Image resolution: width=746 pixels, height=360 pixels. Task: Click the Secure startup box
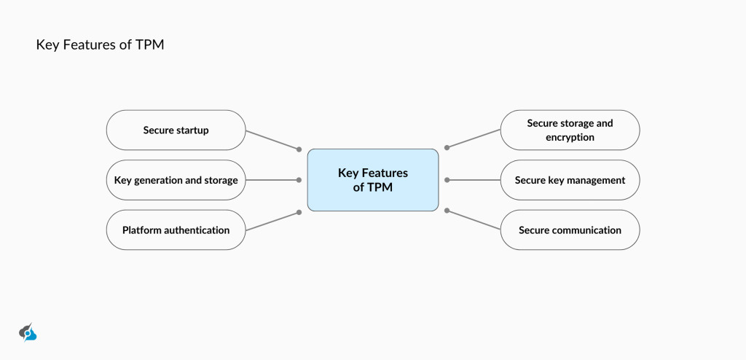point(176,130)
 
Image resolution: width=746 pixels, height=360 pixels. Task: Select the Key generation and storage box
point(176,180)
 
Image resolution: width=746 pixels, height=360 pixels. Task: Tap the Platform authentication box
point(176,230)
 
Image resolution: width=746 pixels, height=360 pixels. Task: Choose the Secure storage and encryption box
point(570,130)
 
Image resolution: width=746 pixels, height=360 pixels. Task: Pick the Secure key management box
point(570,180)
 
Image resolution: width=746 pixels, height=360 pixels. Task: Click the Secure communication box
point(570,230)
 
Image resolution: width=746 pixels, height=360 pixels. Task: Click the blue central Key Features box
point(372,180)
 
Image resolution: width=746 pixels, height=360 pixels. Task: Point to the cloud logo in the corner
point(28,332)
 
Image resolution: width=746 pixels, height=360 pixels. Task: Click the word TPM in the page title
point(150,45)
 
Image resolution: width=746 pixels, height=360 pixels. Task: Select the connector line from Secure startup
point(272,140)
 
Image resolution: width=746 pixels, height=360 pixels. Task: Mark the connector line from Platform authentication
point(272,222)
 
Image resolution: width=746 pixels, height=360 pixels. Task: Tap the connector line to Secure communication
point(474,221)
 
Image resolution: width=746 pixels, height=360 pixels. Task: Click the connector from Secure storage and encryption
point(474,139)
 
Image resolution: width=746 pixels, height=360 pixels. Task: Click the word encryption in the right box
point(570,137)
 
